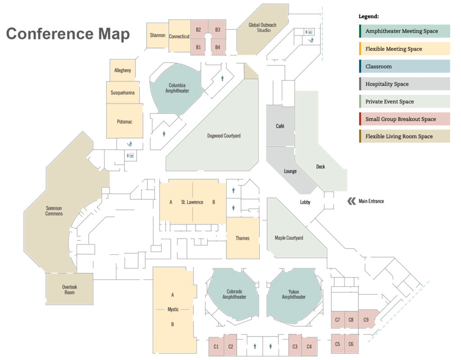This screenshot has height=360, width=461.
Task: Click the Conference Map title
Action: click(68, 34)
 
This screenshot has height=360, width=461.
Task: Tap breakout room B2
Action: click(199, 30)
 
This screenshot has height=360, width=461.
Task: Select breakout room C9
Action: click(366, 319)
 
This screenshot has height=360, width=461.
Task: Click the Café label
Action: click(280, 126)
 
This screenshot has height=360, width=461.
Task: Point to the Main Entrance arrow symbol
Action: click(351, 201)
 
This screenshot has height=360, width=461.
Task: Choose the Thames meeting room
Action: click(243, 238)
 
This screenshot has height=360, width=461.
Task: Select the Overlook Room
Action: click(69, 289)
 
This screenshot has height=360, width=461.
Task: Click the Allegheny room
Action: click(122, 71)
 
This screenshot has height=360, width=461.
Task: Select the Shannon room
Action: click(158, 35)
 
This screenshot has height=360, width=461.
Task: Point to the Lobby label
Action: click(305, 202)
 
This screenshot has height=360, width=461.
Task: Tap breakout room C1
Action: click(216, 346)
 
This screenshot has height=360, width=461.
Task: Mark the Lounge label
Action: click(290, 171)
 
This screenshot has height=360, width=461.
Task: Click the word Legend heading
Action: click(368, 16)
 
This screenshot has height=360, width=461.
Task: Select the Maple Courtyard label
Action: click(289, 238)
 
